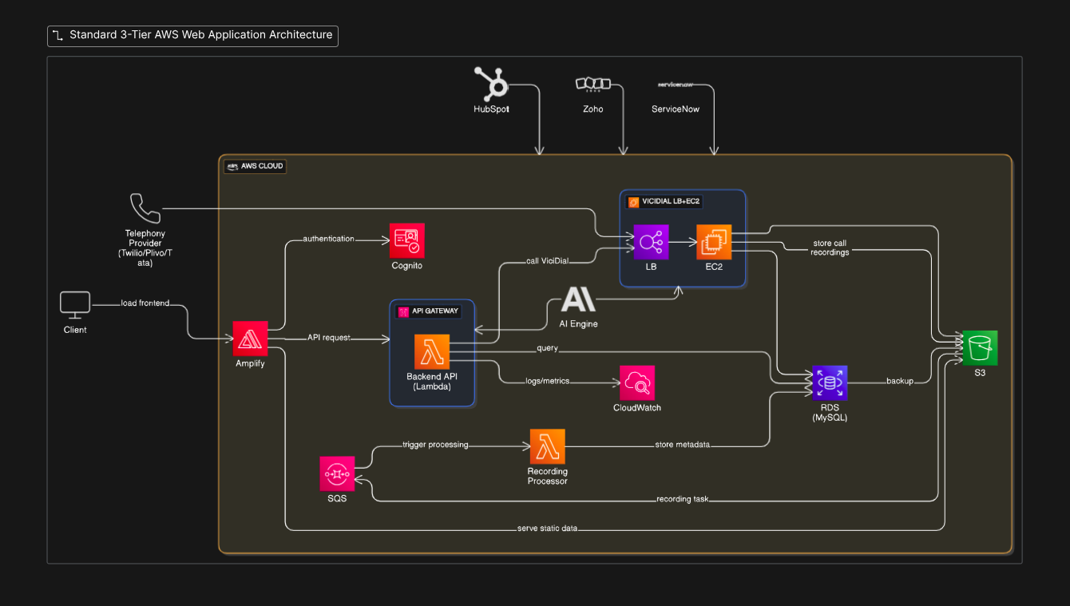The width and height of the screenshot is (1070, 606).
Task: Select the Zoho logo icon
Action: pyautogui.click(x=592, y=84)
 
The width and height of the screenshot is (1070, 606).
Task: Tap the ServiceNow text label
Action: pyautogui.click(x=675, y=109)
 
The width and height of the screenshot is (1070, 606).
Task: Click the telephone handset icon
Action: pyautogui.click(x=145, y=208)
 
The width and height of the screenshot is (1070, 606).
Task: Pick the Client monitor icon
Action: pyautogui.click(x=75, y=304)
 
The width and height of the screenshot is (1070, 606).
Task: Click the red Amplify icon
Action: pyautogui.click(x=251, y=339)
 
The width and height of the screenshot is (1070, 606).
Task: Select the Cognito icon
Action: pyautogui.click(x=407, y=240)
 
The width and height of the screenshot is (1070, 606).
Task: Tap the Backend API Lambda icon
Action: pyautogui.click(x=432, y=351)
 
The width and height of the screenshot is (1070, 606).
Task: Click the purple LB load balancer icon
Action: pyautogui.click(x=651, y=241)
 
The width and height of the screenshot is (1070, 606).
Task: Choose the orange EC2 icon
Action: pyautogui.click(x=714, y=241)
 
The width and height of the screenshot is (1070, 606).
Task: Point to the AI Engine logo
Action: pyautogui.click(x=578, y=299)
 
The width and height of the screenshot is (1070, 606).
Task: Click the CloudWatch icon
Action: pyautogui.click(x=637, y=383)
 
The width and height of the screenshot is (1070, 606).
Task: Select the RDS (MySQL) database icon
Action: pyautogui.click(x=830, y=383)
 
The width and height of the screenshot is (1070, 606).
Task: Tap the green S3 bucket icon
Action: pyautogui.click(x=980, y=347)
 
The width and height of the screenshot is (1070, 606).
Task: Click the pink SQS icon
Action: pyautogui.click(x=337, y=474)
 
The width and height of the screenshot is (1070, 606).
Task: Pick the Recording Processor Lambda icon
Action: pyautogui.click(x=547, y=446)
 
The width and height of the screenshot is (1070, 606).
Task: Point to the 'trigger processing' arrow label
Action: pyautogui.click(x=435, y=444)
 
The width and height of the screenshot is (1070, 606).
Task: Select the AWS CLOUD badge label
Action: pyautogui.click(x=255, y=167)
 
